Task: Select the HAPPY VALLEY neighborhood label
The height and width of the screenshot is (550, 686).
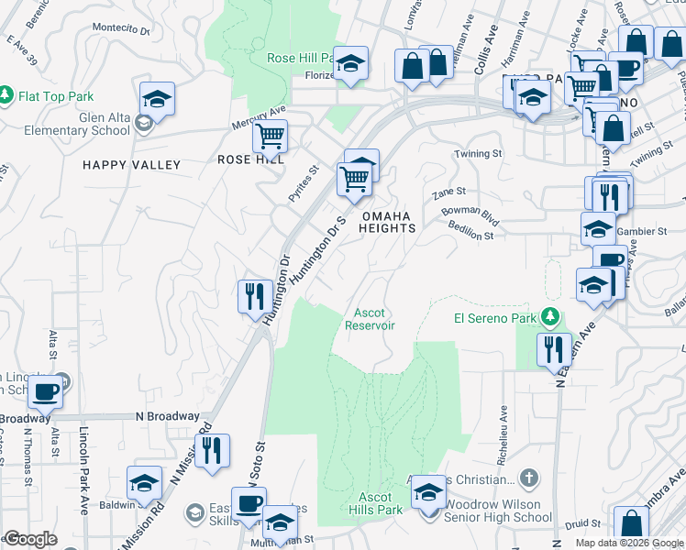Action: [x=131, y=165]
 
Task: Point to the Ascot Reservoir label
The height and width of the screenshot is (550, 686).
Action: [x=371, y=319]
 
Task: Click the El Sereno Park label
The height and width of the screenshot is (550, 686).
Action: [x=494, y=318]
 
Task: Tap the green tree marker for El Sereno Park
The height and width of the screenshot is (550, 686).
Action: [x=549, y=317]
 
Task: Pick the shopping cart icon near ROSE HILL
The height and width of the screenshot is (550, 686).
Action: [x=270, y=137]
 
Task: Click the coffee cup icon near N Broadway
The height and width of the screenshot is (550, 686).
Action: [x=45, y=392]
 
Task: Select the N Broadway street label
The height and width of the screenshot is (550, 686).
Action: [x=167, y=416]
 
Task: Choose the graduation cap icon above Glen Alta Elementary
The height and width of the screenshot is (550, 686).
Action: [x=157, y=100]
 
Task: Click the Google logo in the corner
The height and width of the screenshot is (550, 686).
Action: [x=30, y=539]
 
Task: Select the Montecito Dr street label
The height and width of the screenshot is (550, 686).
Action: [x=121, y=29]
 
